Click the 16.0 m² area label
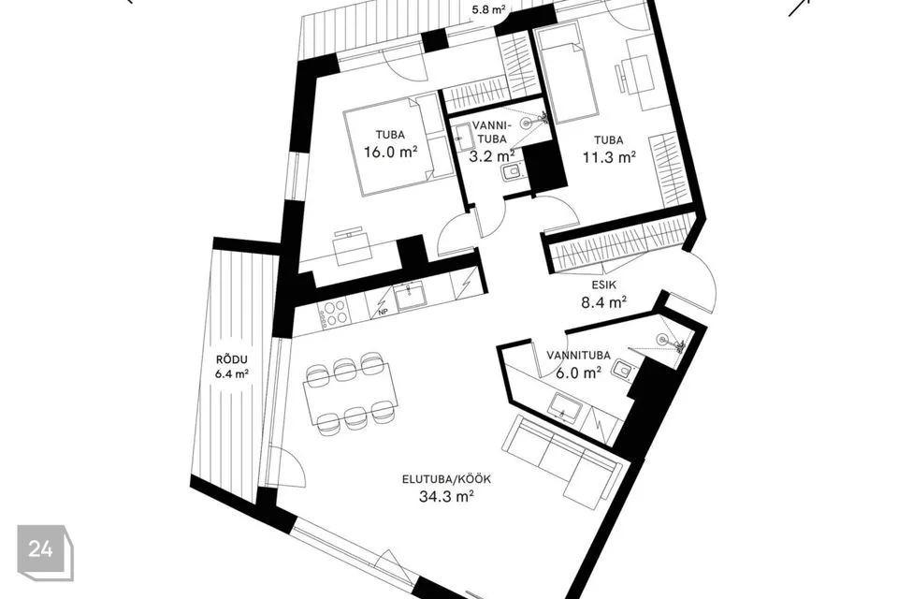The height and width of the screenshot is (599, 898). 390,152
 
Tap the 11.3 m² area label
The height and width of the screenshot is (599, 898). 609,156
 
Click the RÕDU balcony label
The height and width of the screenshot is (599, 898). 231,360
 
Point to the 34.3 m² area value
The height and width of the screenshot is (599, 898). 446,496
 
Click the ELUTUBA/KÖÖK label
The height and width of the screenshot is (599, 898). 446,479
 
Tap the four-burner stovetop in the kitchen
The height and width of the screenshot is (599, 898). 333,313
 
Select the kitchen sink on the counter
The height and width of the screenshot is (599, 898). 411,298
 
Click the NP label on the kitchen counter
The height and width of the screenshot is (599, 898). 383,312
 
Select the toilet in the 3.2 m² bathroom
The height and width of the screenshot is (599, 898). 512,171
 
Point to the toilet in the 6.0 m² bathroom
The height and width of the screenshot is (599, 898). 623,370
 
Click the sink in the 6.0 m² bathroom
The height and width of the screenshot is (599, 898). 565,406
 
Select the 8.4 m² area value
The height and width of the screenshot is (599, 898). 604,302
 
